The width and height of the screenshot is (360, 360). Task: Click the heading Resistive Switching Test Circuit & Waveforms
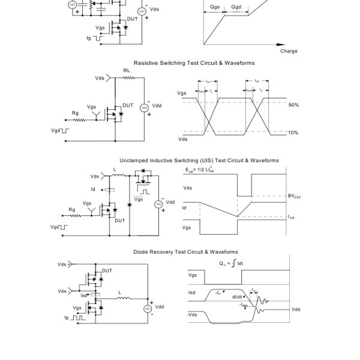click(x=194, y=63)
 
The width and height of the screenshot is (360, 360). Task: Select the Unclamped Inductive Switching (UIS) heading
click(x=199, y=161)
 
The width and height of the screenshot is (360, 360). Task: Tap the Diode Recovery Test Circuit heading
click(x=185, y=252)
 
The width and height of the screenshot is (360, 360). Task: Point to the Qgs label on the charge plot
click(x=215, y=7)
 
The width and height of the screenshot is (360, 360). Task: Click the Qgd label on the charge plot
click(x=236, y=7)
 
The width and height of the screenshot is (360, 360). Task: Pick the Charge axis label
click(x=289, y=51)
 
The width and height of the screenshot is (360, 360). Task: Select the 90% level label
click(x=293, y=105)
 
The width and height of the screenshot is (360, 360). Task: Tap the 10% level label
click(x=293, y=133)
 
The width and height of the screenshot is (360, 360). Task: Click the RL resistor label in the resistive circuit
click(x=127, y=71)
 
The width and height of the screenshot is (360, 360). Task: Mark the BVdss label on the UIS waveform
click(x=294, y=196)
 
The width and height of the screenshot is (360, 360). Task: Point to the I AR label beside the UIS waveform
click(x=292, y=217)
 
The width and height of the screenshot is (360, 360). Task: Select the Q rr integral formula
click(x=230, y=263)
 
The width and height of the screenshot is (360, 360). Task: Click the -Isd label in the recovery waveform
click(x=192, y=293)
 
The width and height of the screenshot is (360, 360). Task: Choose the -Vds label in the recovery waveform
click(x=193, y=314)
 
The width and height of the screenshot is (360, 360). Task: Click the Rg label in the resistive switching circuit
click(x=75, y=113)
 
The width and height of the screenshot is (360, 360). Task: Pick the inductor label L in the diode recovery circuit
click(x=119, y=293)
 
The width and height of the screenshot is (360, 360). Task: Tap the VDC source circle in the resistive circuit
click(x=144, y=107)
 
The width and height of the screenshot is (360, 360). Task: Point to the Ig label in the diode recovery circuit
click(x=67, y=319)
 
